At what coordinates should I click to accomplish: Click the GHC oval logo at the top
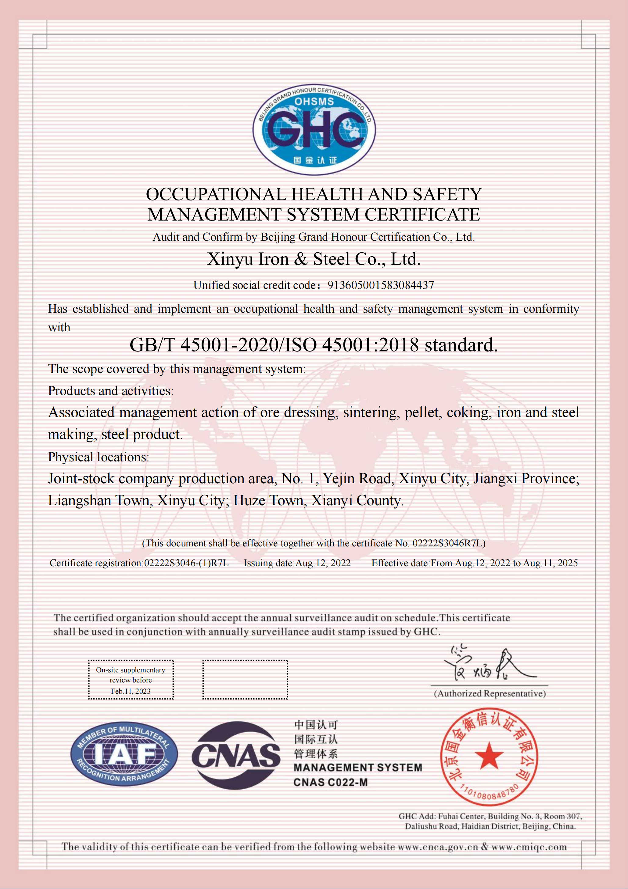[x=314, y=129]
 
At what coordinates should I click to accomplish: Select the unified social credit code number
[x=381, y=285]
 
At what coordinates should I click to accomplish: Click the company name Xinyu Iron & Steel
[x=313, y=259]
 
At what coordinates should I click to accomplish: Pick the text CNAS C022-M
[x=330, y=783]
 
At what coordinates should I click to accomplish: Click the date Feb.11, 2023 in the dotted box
[x=131, y=691]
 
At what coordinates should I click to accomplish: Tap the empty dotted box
[x=245, y=679]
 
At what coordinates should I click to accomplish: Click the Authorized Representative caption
[x=490, y=693]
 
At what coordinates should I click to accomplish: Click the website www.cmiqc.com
[x=529, y=847]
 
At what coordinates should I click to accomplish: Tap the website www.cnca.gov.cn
[x=438, y=847]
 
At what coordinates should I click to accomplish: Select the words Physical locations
[x=98, y=457]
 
